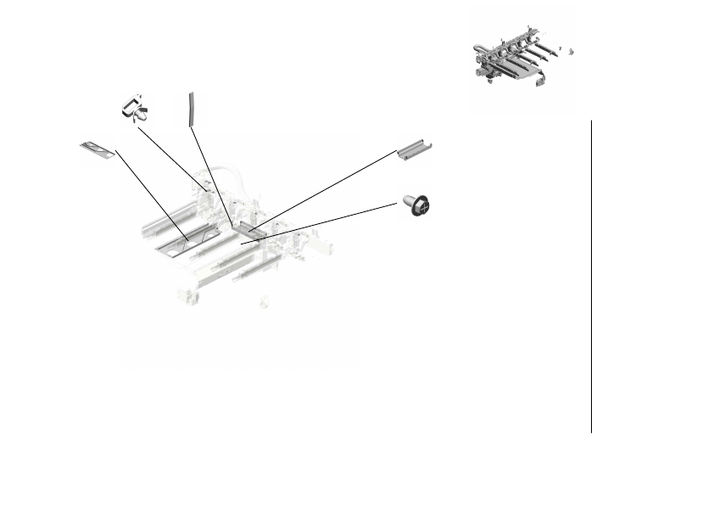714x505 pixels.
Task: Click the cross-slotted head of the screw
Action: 422,206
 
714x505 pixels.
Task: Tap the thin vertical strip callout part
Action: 192,109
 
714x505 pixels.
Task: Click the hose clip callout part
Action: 133,109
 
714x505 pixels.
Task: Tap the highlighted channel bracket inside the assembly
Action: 252,227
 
